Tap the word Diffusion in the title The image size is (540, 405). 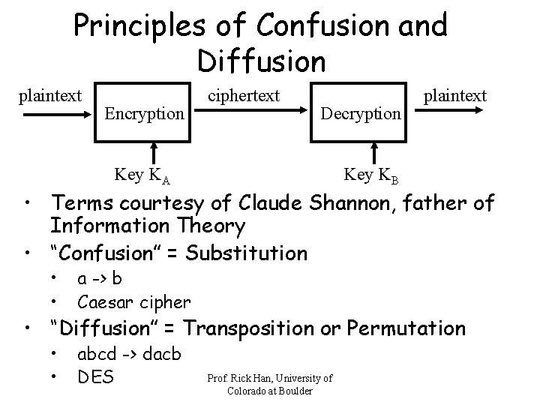coord(262,59)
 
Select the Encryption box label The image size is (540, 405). coord(144,114)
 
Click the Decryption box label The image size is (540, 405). coord(360,114)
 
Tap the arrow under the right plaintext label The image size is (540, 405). coord(449,114)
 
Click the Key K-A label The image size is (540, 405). coord(142,176)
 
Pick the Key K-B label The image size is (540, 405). coord(370,176)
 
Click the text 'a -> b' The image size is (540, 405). coord(100,279)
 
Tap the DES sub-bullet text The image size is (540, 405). coord(95,376)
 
